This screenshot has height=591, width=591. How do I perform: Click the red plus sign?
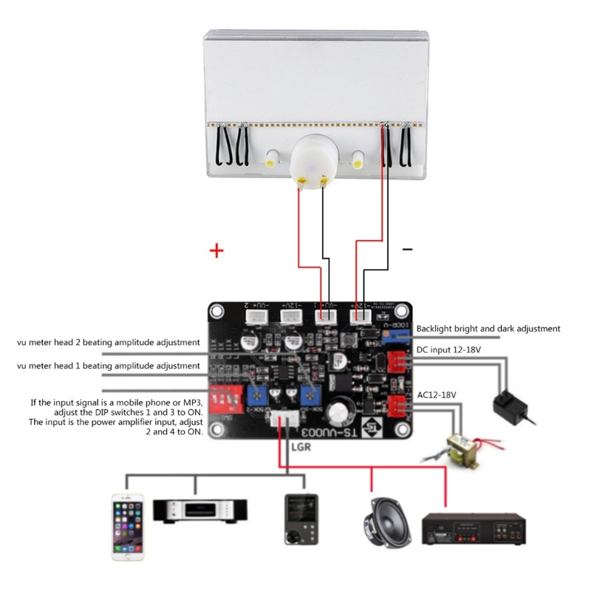[216, 252]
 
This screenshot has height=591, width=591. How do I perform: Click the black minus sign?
[407, 250]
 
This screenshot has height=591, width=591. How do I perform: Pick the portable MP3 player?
[301, 519]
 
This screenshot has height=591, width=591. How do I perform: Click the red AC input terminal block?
[397, 406]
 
